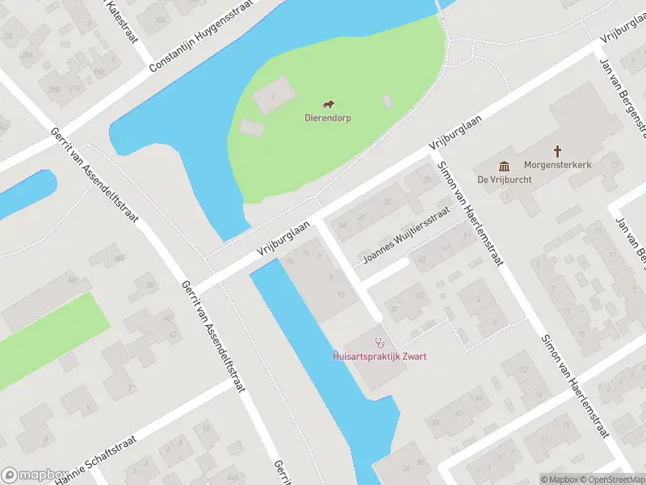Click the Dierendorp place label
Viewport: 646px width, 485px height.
click(x=327, y=117)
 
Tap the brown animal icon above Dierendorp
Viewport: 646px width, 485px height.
click(x=328, y=103)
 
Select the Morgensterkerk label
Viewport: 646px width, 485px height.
click(x=557, y=164)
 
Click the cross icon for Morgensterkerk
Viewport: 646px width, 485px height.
click(x=557, y=150)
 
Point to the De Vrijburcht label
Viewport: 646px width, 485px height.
click(x=504, y=179)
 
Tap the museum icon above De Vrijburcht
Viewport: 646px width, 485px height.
click(x=504, y=166)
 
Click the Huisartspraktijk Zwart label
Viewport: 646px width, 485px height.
click(x=380, y=356)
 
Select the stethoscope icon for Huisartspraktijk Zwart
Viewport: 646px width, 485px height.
click(x=380, y=343)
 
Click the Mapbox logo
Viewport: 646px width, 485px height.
click(x=34, y=475)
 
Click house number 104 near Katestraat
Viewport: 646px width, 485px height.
click(x=161, y=20)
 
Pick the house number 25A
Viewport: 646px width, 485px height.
click(x=27, y=54)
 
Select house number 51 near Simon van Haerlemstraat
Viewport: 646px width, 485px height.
click(x=465, y=235)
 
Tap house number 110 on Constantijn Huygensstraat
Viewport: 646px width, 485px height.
click(x=75, y=87)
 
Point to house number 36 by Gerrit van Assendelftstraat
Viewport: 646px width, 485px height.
click(x=150, y=285)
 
